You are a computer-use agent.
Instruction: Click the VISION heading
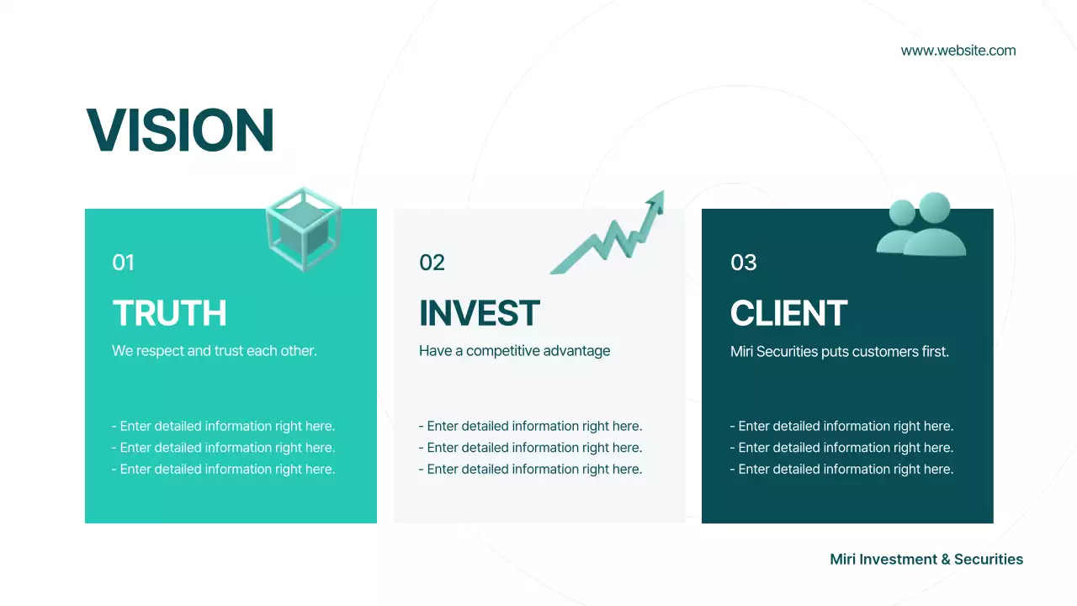[180, 130]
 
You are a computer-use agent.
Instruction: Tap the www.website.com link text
[958, 50]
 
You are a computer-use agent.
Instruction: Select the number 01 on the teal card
[123, 263]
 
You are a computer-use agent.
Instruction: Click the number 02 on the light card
[432, 263]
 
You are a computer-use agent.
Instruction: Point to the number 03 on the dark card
[744, 263]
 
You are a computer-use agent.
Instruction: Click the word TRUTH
[170, 313]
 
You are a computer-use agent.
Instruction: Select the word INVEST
[480, 313]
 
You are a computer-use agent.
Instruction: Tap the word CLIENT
[788, 313]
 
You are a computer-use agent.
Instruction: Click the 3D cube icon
[304, 229]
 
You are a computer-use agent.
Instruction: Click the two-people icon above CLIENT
[921, 226]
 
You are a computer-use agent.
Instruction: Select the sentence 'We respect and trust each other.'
[215, 351]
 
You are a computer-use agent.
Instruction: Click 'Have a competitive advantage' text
[515, 351]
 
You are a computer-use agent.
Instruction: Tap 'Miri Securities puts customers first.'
[840, 352]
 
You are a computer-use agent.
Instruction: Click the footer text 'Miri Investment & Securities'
[926, 560]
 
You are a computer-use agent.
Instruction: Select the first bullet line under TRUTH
[223, 426]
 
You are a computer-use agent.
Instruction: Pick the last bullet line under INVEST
[530, 470]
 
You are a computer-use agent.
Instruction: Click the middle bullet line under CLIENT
[841, 448]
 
